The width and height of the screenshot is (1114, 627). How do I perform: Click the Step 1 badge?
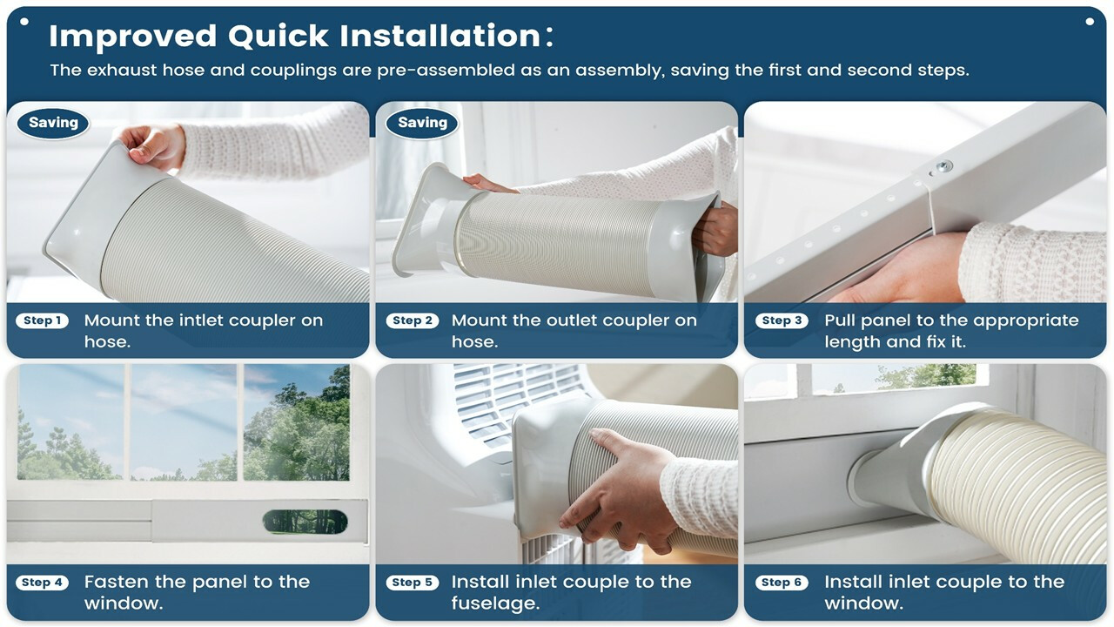[43, 320]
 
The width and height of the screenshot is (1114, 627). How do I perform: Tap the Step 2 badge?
[413, 320]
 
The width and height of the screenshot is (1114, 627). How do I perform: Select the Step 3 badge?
[782, 320]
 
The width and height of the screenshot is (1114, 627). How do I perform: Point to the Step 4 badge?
[43, 583]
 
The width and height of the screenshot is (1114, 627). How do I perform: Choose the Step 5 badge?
[413, 583]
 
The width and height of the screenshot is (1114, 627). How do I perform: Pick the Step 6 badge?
[782, 583]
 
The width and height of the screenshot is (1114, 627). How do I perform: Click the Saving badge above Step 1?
[53, 123]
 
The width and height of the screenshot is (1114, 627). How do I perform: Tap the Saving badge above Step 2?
[422, 123]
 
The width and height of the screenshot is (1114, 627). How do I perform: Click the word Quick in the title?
[278, 37]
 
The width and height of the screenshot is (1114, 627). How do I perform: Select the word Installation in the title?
[440, 36]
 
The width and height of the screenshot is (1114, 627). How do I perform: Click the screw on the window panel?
[943, 166]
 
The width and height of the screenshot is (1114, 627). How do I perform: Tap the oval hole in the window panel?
[305, 522]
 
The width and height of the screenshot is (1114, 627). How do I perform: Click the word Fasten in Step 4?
[117, 582]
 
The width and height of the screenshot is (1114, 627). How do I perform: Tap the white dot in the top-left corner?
[24, 22]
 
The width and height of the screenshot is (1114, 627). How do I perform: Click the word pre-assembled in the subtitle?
[446, 71]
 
